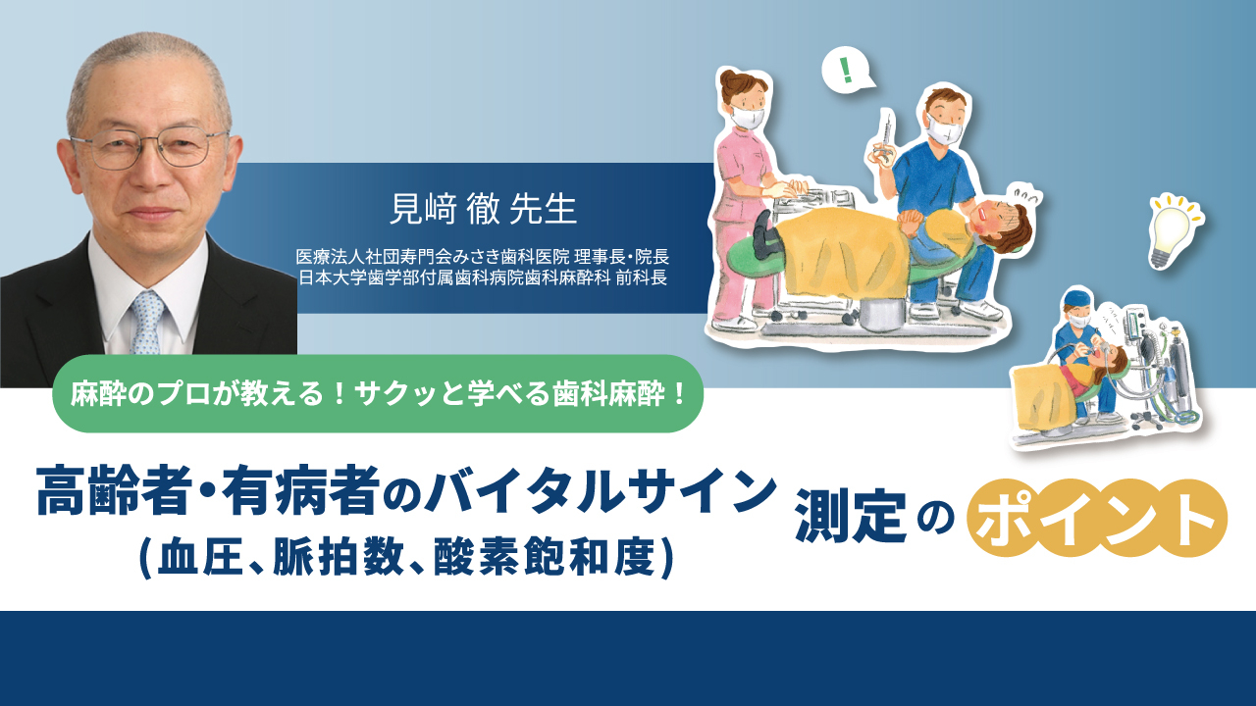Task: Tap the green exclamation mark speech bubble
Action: (x=846, y=72)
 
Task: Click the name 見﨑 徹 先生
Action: (x=483, y=209)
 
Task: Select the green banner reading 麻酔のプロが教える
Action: (x=378, y=393)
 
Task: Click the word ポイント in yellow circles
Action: (x=1097, y=518)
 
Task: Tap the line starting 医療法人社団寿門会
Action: (x=483, y=257)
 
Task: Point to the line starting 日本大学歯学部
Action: (x=483, y=277)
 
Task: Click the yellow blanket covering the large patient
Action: (x=834, y=260)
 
